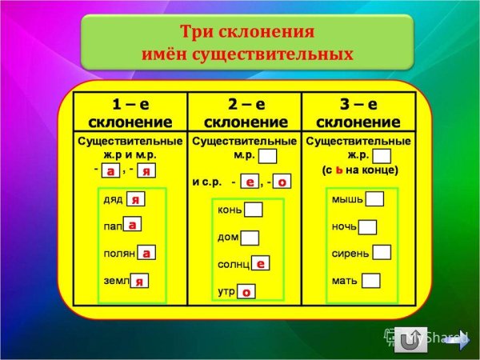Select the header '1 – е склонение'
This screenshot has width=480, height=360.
[x=130, y=113]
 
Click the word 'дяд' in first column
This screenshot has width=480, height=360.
[x=113, y=199]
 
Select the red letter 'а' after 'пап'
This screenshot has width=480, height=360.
[x=133, y=226]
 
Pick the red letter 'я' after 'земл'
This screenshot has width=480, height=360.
[x=139, y=281]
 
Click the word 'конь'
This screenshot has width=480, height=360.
[x=230, y=210]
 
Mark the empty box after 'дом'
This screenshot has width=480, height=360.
[x=250, y=238]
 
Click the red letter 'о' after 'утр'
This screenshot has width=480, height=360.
[x=246, y=292]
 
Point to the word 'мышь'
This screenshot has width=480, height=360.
[x=347, y=199]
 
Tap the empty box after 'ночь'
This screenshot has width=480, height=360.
[x=367, y=227]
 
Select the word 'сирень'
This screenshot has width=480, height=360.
[x=350, y=254]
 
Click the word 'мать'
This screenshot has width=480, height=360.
[x=345, y=281]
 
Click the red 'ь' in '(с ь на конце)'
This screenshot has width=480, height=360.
[x=338, y=170]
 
